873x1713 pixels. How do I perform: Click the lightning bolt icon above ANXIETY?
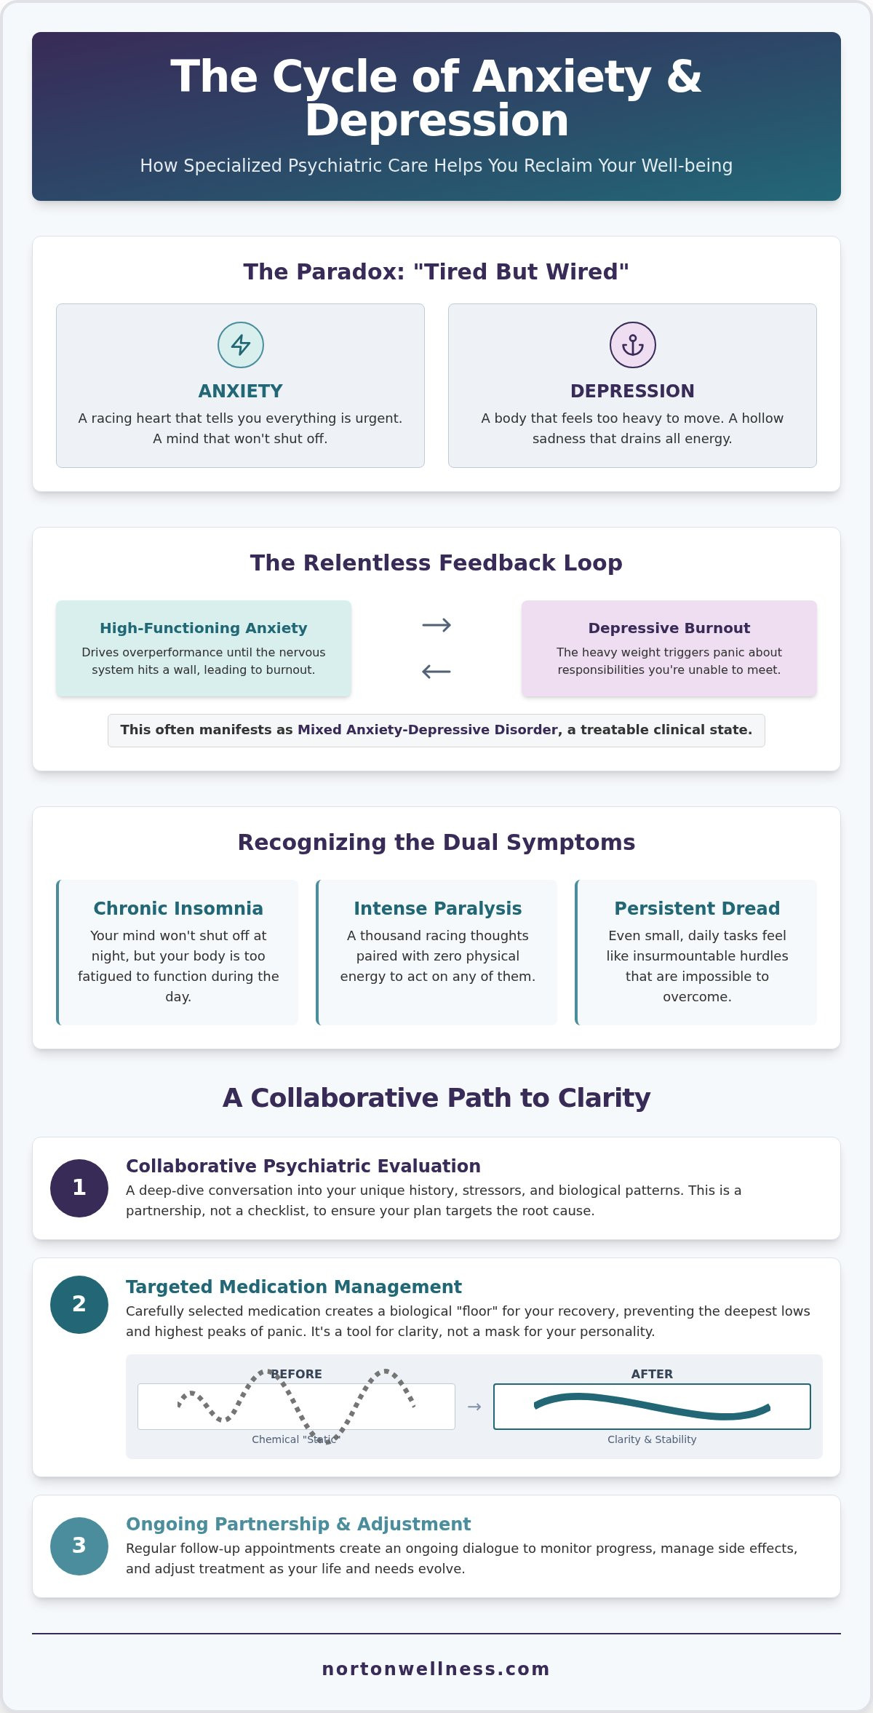[x=241, y=345]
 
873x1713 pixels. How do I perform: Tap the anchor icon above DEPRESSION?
[x=633, y=345]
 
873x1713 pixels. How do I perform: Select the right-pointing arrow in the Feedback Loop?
[x=436, y=625]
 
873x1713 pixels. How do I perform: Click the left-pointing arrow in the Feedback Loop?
[x=436, y=672]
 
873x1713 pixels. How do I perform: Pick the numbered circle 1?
[x=79, y=1188]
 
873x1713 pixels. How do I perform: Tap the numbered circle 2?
[x=79, y=1305]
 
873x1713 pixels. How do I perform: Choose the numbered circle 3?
[x=79, y=1546]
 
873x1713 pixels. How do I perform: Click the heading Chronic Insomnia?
[x=178, y=908]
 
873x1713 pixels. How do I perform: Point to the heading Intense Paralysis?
[x=438, y=908]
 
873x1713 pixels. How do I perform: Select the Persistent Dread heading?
[x=697, y=908]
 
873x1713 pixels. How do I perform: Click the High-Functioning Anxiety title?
[x=204, y=628]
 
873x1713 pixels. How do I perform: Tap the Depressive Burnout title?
[x=669, y=628]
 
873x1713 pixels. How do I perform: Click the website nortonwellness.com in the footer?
[x=436, y=1669]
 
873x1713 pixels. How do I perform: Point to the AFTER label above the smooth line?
[x=652, y=1374]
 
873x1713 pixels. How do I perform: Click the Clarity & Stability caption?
[x=652, y=1439]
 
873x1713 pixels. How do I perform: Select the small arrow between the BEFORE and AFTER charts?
[x=474, y=1407]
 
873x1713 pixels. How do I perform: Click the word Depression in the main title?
[x=436, y=121]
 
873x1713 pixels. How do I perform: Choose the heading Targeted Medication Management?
[x=294, y=1287]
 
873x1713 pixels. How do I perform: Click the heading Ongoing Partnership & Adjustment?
[x=298, y=1524]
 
